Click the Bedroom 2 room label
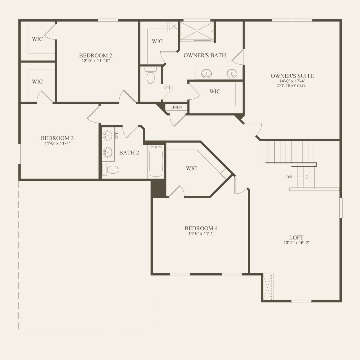96,55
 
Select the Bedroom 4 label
201,228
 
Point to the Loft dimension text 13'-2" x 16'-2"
296,243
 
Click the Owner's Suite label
292,76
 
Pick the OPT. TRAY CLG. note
291,86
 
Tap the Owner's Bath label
205,55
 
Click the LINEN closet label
176,107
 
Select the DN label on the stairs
289,177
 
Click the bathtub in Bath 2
156,161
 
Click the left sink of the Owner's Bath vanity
206,73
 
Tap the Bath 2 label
129,152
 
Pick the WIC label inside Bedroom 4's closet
191,168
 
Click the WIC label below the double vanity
215,91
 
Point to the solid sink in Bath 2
108,152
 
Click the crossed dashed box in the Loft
268,287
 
